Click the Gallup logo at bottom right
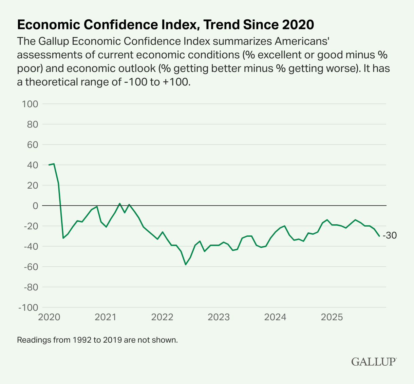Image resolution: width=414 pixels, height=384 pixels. click(x=374, y=362)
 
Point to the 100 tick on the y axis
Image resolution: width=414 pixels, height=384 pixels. click(x=30, y=104)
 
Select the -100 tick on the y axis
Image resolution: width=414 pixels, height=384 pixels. click(x=28, y=307)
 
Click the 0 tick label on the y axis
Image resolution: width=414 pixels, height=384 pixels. click(x=35, y=206)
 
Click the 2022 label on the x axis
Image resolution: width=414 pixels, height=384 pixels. click(x=162, y=318)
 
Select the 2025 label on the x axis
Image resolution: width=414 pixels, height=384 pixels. click(x=332, y=318)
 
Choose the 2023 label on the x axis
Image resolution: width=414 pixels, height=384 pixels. click(x=219, y=318)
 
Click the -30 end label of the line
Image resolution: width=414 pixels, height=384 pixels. click(x=390, y=236)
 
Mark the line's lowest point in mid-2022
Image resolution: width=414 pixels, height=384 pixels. click(x=186, y=264)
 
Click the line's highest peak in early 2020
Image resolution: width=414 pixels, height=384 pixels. click(x=54, y=164)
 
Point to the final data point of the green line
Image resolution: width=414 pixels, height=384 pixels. click(x=379, y=236)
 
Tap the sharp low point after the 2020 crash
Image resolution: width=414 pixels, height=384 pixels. click(x=63, y=238)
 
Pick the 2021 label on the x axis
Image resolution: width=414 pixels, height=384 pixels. click(x=106, y=318)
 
